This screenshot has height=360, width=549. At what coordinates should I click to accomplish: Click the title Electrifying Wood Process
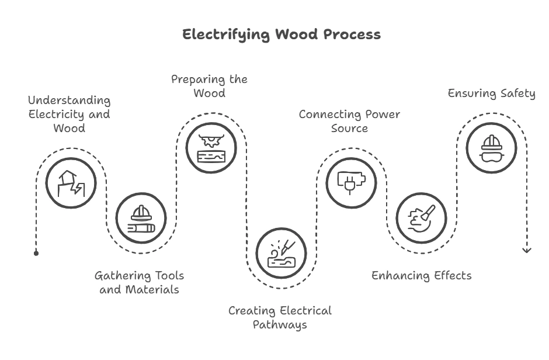coord(281,34)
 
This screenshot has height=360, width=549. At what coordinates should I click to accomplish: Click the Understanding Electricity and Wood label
coord(70,113)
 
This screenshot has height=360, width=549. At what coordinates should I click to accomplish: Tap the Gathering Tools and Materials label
coord(139,282)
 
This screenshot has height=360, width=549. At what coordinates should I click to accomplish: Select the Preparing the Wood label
coord(209,86)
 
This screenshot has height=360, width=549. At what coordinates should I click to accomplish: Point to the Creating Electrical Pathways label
coord(280,317)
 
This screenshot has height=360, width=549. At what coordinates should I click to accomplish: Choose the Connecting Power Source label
coord(349,121)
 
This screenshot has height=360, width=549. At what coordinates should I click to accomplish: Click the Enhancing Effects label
coord(421,275)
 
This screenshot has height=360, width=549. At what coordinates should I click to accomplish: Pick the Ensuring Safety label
coord(491,94)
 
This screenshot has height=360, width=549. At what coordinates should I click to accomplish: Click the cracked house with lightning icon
coord(71,182)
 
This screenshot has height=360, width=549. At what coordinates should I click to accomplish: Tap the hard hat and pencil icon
coord(141,217)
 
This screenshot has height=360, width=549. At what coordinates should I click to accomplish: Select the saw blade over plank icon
coord(211,148)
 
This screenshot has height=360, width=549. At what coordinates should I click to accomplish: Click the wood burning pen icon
coord(281,252)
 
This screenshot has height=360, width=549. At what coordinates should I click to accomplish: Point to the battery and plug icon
coord(351,182)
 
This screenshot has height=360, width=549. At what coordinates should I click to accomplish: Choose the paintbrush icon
coord(421,217)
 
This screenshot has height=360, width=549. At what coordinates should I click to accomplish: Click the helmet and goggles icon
coord(491,148)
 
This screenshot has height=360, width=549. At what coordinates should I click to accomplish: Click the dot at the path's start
coord(36,253)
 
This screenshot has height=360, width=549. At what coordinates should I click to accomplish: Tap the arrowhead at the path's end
coord(527,250)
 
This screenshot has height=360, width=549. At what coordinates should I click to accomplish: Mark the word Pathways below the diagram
coord(280,325)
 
